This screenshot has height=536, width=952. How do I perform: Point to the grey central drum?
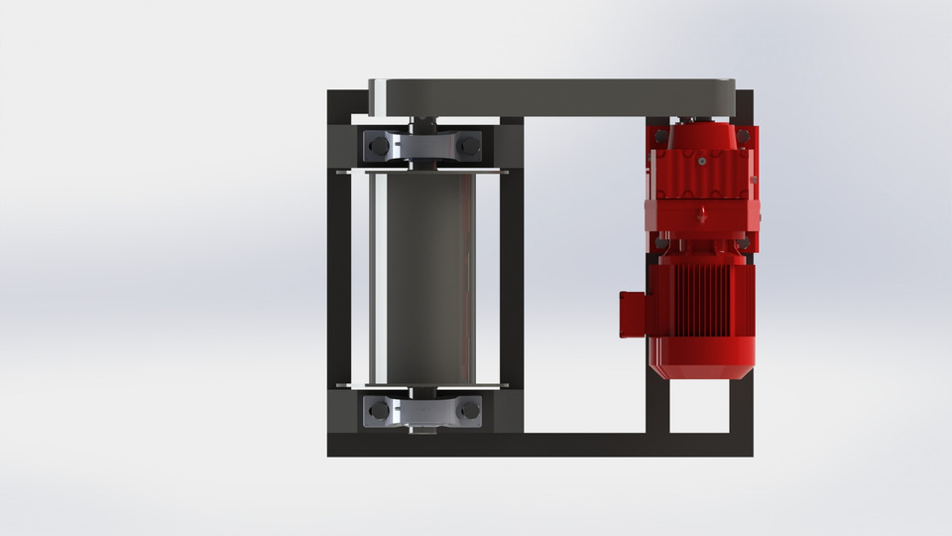(422, 278)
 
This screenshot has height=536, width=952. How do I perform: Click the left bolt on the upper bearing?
(378, 148)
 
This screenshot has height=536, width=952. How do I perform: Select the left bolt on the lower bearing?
(378, 407)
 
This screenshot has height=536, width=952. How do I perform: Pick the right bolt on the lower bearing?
(470, 407)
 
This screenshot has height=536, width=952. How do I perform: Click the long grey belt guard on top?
(555, 97)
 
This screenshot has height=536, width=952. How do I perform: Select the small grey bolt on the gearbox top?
(699, 159)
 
